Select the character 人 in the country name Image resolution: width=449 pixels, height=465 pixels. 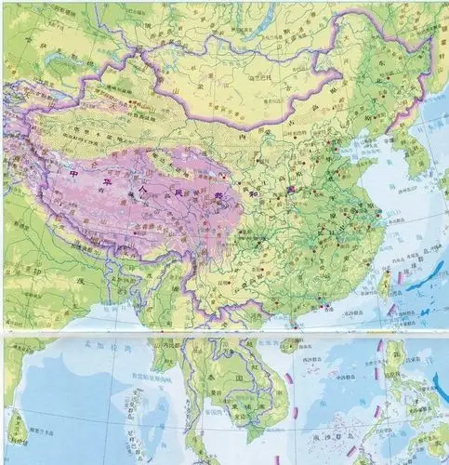point(141,184)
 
